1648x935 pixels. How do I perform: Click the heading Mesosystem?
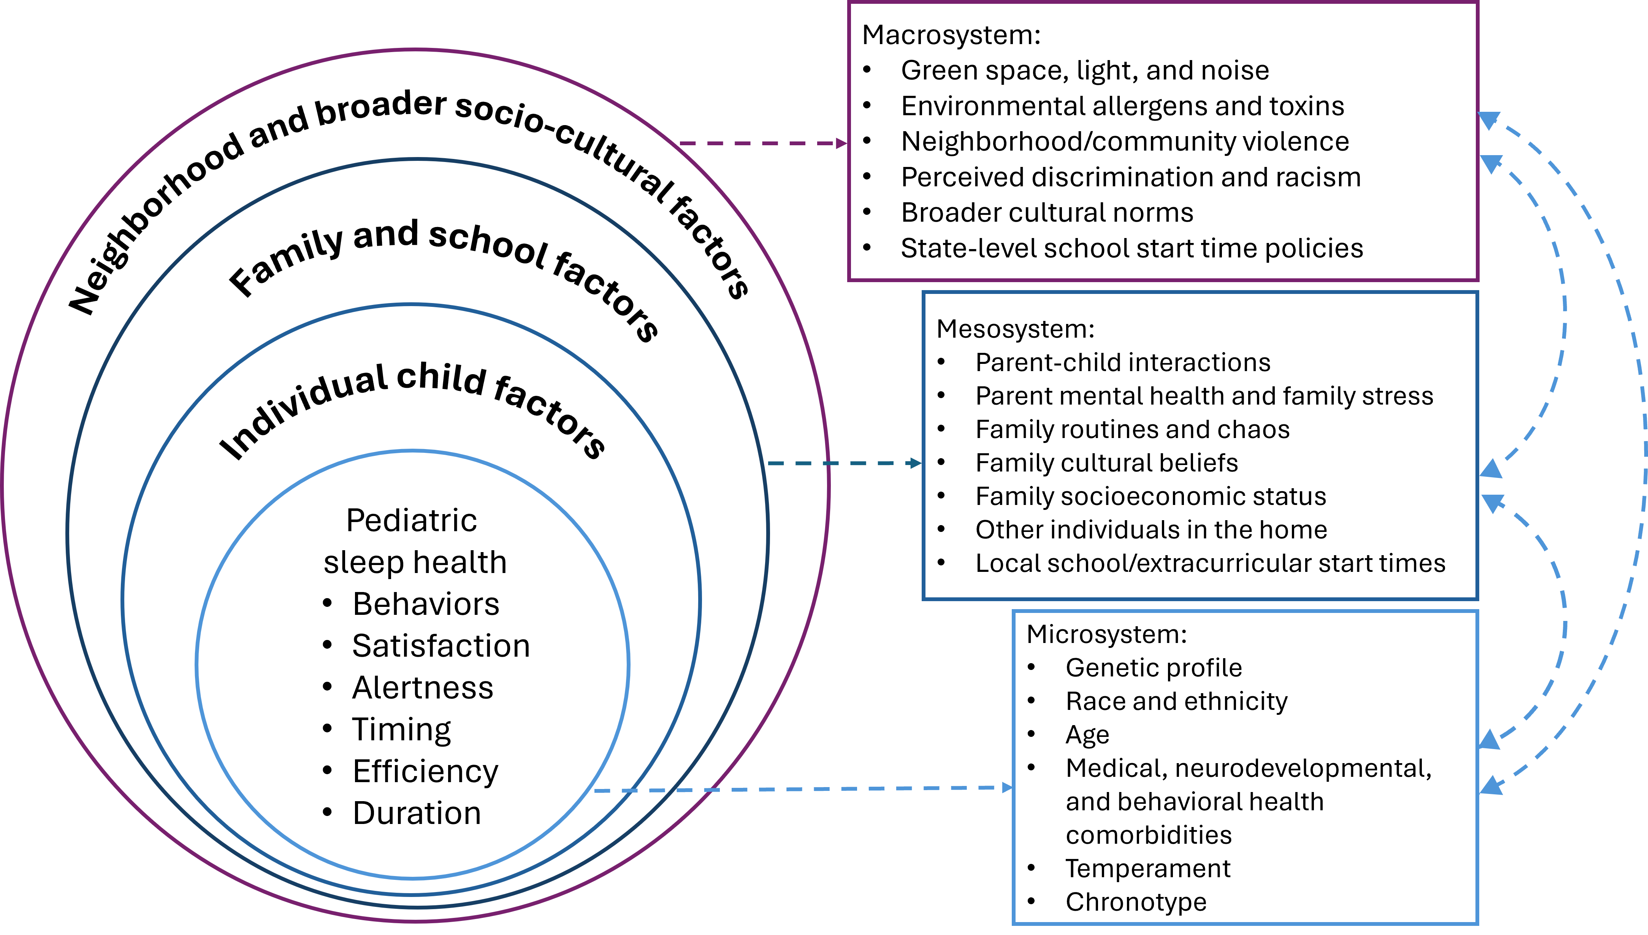(1015, 329)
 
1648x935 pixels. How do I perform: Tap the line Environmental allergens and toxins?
(1122, 106)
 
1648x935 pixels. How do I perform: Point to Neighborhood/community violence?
(1124, 141)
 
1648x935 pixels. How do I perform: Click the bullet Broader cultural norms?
(1047, 213)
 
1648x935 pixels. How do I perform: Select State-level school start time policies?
(1131, 249)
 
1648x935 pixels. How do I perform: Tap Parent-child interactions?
(1122, 363)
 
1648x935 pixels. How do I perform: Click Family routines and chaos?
(1132, 430)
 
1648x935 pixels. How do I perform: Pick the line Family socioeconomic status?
(1150, 496)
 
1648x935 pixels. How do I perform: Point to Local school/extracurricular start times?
(1210, 563)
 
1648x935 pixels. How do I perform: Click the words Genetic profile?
(1153, 668)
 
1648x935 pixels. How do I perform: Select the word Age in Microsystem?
(1087, 735)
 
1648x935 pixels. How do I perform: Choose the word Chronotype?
(1136, 902)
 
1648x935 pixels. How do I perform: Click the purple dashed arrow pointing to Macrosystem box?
(764, 143)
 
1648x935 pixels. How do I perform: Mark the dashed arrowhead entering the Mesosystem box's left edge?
(916, 463)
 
